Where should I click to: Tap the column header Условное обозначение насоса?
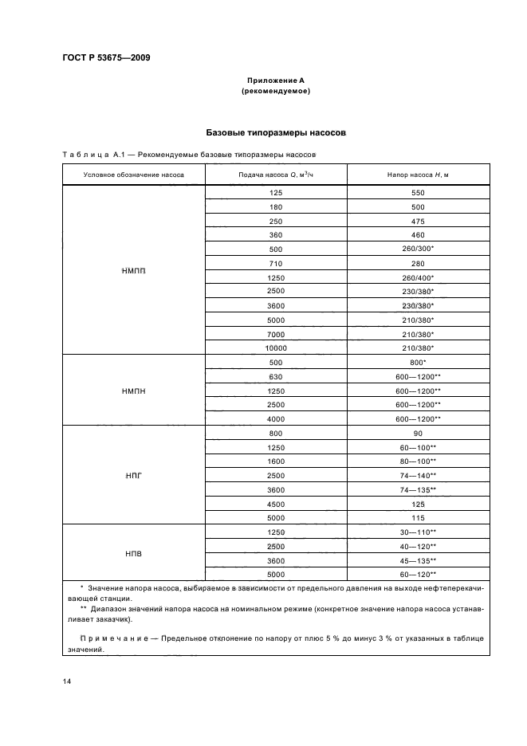coord(134,175)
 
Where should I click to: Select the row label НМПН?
coord(134,391)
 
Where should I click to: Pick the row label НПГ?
coord(134,475)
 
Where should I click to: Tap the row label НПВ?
coord(134,553)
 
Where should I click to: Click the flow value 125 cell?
coord(276,193)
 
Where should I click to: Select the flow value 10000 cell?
coord(276,347)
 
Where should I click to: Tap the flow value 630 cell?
coord(276,376)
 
